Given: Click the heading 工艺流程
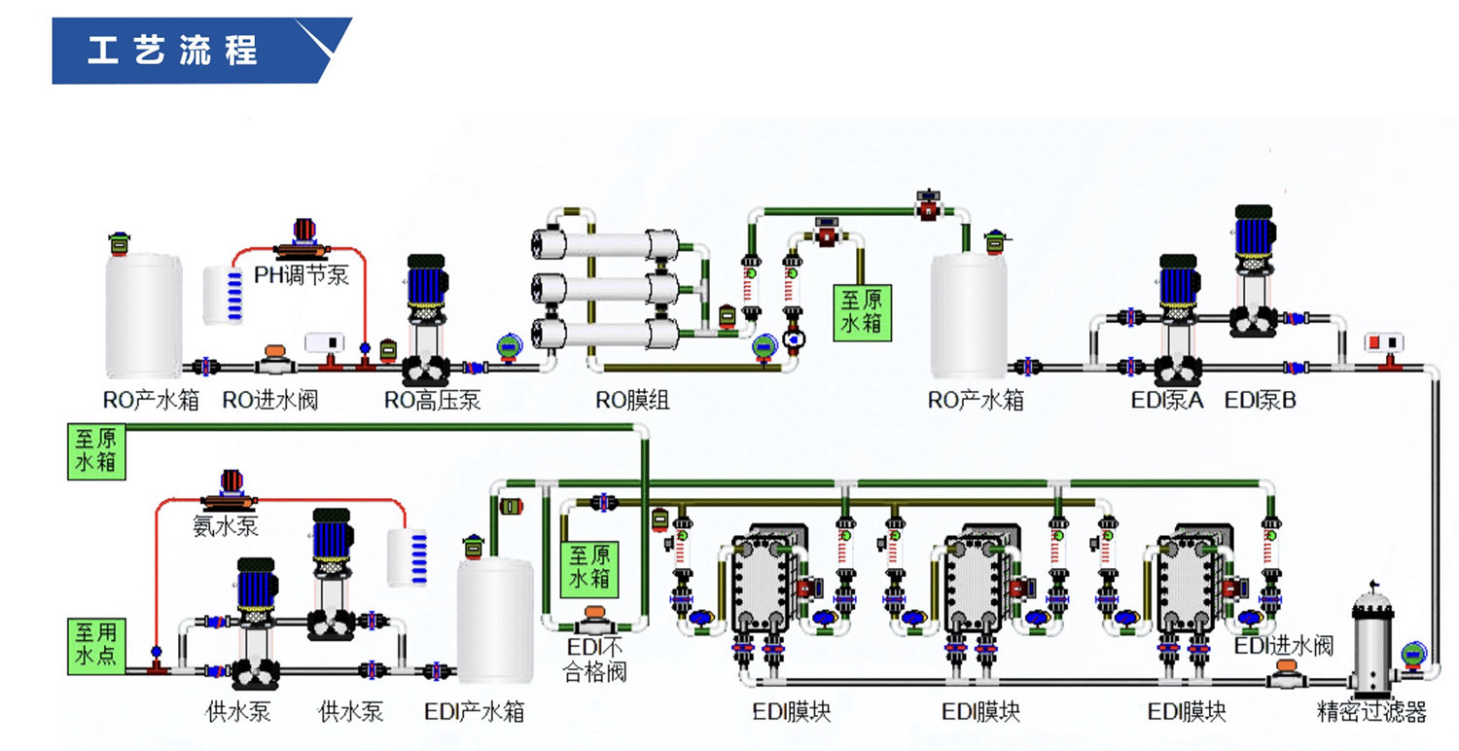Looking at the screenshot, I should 173,50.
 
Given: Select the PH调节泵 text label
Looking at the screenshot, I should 302,274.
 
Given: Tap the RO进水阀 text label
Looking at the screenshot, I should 270,400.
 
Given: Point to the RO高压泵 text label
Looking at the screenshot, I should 432,400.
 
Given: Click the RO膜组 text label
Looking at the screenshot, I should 632,400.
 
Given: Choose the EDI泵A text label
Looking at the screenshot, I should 1167,400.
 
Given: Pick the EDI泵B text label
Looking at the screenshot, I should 1260,400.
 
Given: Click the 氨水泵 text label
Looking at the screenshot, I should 226,526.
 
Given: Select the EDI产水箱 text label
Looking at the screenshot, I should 475,712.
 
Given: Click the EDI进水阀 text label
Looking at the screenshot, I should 1283,645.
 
